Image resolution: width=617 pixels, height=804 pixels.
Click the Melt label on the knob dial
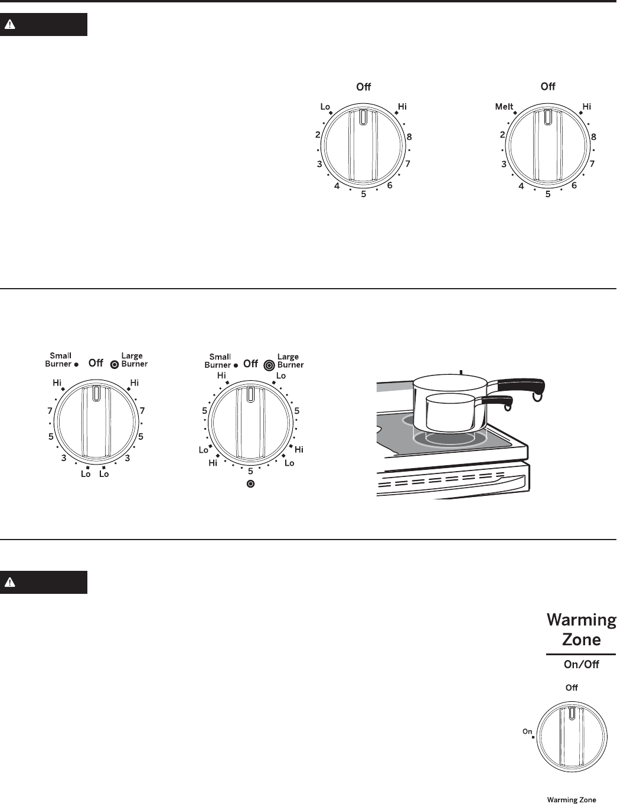pyautogui.click(x=504, y=107)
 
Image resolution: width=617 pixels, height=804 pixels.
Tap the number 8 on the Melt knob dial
pyautogui.click(x=593, y=137)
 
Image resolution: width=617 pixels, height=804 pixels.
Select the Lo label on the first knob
pyautogui.click(x=325, y=107)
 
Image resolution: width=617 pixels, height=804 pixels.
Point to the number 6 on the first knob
pyautogui.click(x=390, y=185)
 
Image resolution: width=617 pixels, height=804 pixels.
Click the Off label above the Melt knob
pyautogui.click(x=548, y=86)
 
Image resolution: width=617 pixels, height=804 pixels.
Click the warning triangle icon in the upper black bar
pyautogui.click(x=10, y=24)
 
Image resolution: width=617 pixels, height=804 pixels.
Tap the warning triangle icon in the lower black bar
pyautogui.click(x=10, y=583)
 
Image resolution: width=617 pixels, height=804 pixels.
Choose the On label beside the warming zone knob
pyautogui.click(x=527, y=731)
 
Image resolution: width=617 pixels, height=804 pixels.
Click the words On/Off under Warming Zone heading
pyautogui.click(x=581, y=664)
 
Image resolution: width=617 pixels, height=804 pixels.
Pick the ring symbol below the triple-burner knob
pyautogui.click(x=250, y=484)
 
